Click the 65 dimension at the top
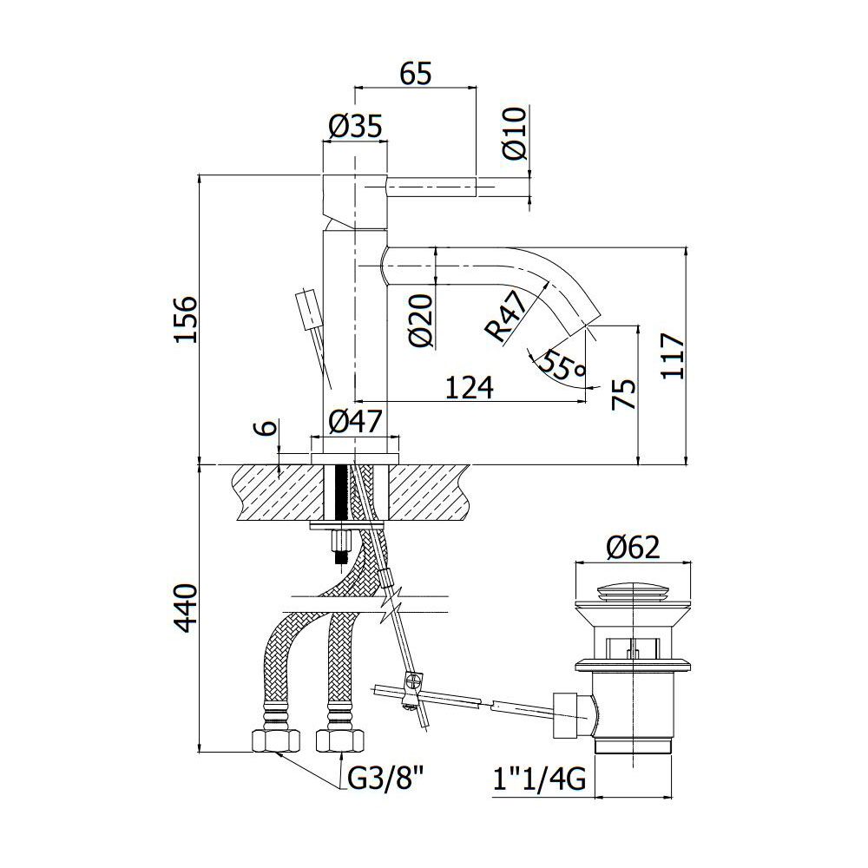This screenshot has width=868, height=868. (416, 74)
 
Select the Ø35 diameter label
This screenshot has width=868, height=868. (355, 126)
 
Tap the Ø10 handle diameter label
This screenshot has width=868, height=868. (515, 134)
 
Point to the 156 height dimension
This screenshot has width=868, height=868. (186, 320)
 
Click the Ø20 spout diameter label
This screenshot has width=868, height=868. (422, 320)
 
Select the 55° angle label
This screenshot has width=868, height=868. (562, 366)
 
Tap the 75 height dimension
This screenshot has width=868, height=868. (623, 394)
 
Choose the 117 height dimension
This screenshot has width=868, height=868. (673, 355)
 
